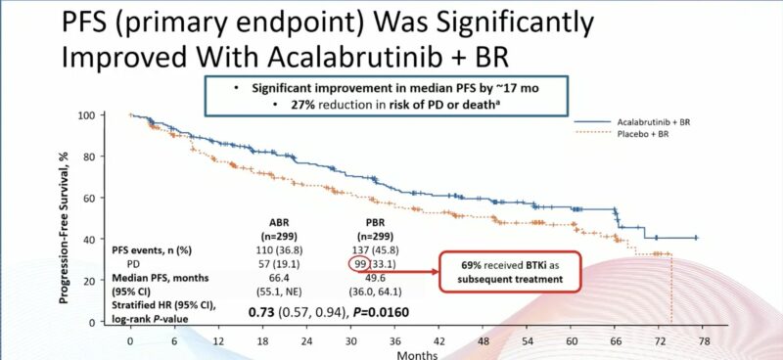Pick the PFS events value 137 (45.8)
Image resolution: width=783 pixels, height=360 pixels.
coord(373,249)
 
